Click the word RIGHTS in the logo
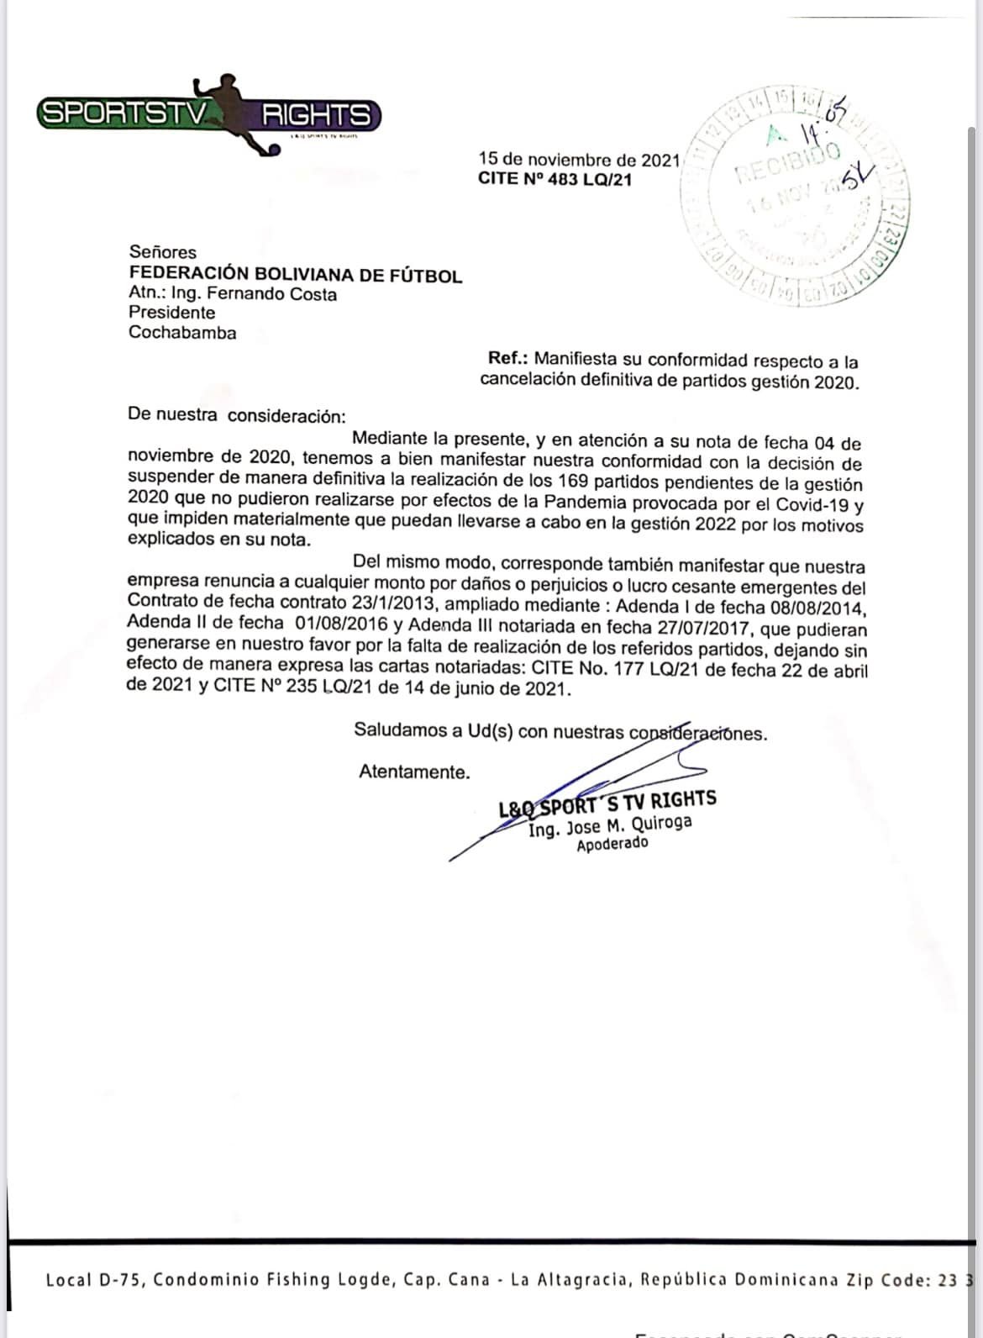(x=317, y=114)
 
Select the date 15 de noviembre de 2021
(x=579, y=159)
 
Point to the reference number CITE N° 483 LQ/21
(x=555, y=179)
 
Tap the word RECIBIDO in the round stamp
(x=789, y=163)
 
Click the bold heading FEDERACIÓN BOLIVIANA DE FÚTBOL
(x=295, y=274)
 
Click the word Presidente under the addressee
(x=172, y=313)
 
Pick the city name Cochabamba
(x=182, y=333)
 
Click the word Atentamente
(x=414, y=772)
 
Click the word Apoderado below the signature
(x=612, y=845)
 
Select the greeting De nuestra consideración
(x=236, y=415)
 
